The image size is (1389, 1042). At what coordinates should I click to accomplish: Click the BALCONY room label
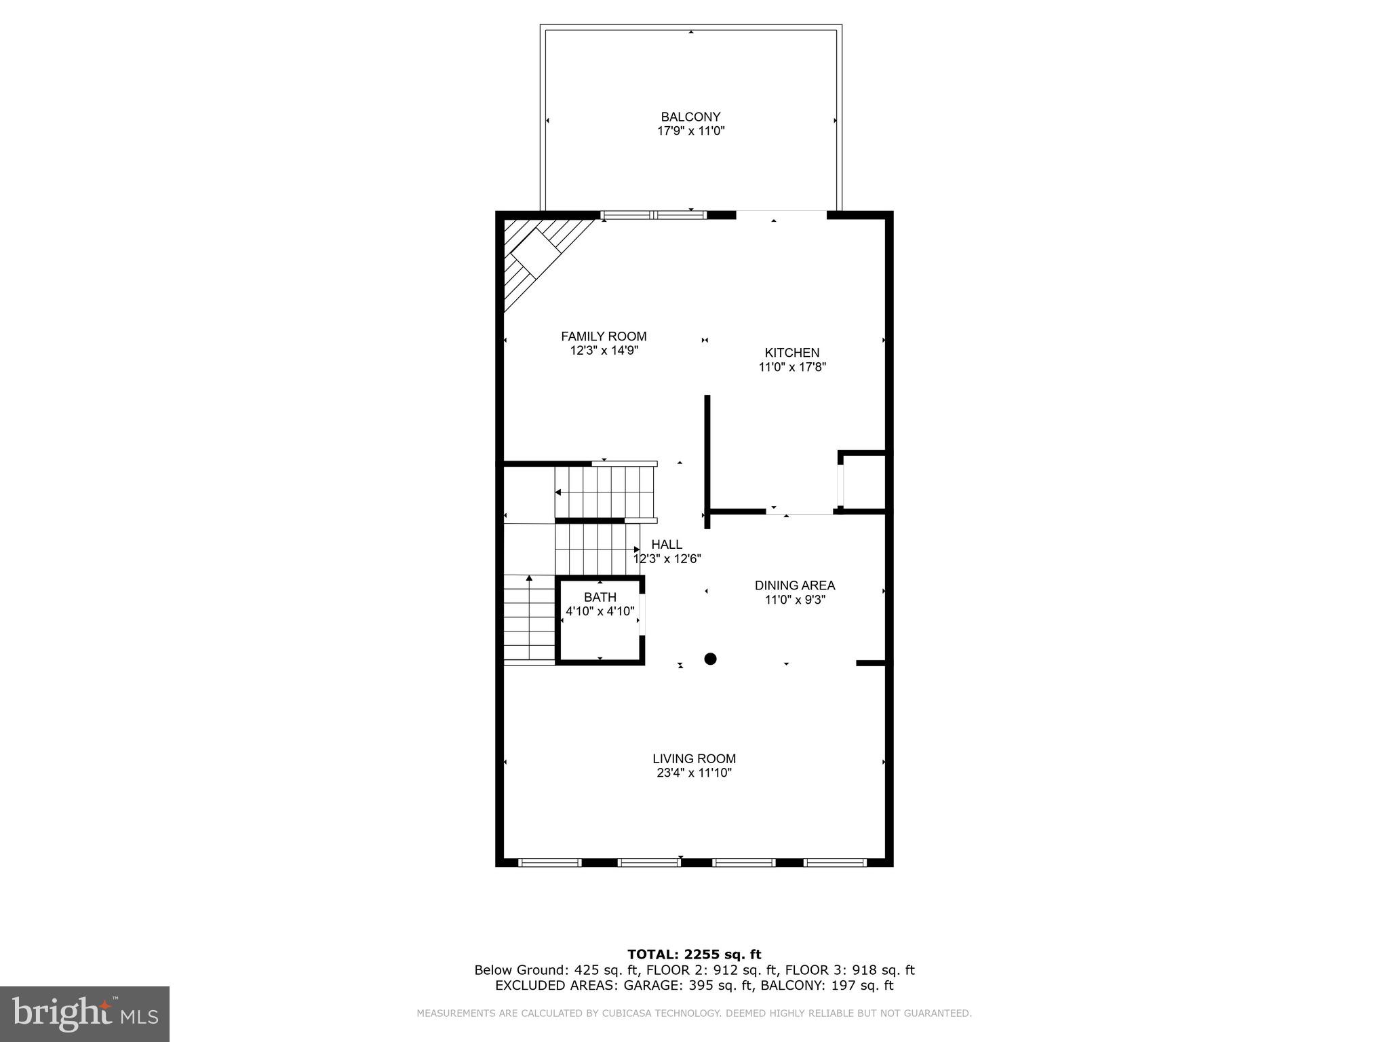(x=690, y=117)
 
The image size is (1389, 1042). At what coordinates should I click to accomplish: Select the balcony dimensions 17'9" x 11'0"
(x=690, y=131)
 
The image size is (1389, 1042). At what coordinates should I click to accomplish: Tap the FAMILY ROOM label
(x=604, y=336)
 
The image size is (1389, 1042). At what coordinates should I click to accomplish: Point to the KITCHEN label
(x=791, y=353)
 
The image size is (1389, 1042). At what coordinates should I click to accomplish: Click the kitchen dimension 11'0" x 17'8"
(x=791, y=368)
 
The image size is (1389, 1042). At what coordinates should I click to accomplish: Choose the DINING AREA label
(x=794, y=585)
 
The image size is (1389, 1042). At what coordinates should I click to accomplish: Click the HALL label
(x=667, y=545)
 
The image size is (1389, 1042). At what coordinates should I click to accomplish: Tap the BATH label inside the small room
(x=600, y=597)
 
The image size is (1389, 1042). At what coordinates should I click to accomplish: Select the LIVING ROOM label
(x=694, y=759)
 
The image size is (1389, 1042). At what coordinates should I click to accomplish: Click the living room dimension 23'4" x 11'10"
(x=694, y=773)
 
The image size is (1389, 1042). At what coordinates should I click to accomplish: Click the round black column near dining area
(x=710, y=659)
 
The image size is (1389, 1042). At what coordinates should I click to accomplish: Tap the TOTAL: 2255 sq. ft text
(x=694, y=955)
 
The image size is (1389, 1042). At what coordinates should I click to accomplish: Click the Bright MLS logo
(x=85, y=1014)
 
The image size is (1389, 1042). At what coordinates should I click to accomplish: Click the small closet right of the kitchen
(x=864, y=482)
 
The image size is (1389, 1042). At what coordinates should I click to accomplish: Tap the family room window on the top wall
(x=653, y=215)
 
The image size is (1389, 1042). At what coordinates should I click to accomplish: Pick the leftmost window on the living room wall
(x=550, y=863)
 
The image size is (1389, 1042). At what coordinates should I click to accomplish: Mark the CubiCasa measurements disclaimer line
(x=694, y=1014)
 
